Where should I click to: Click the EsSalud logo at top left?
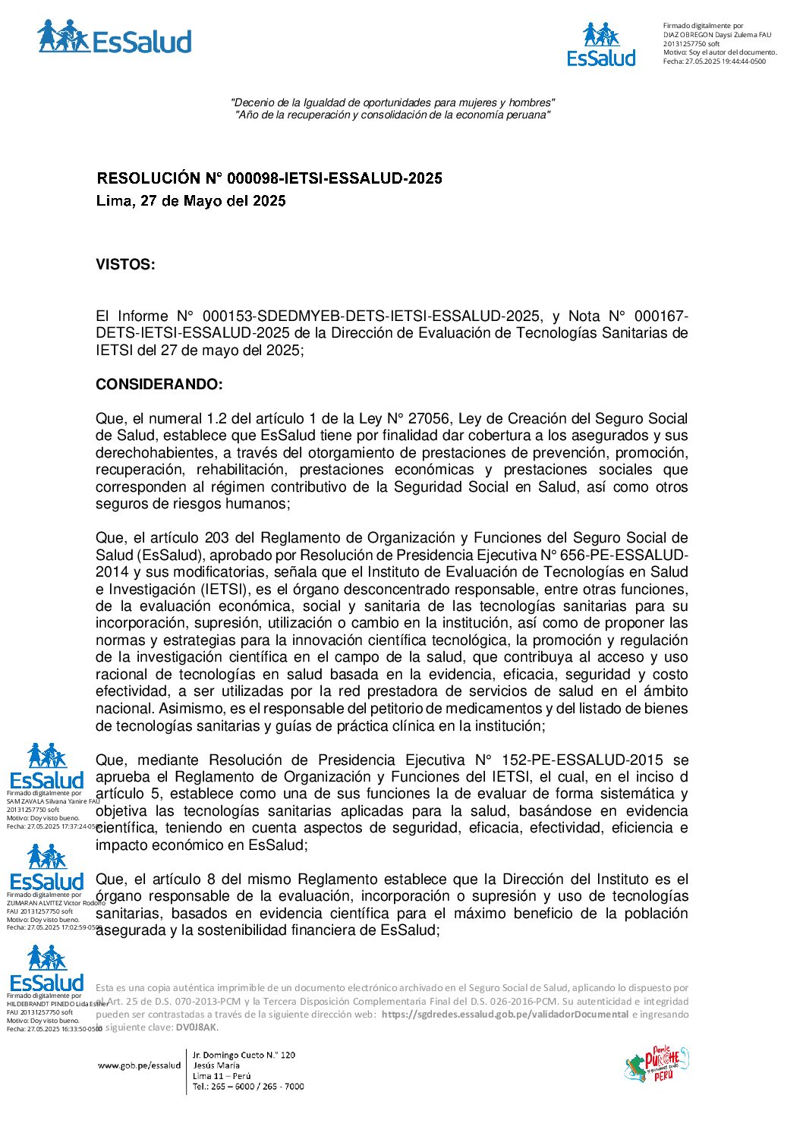(114, 37)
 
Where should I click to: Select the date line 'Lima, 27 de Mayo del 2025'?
(191, 201)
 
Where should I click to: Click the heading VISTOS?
(125, 265)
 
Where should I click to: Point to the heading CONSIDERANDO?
(159, 385)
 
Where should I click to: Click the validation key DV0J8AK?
(196, 1027)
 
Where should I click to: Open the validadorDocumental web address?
(505, 1015)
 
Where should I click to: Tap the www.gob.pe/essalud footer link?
(140, 1065)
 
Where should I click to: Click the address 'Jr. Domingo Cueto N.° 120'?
(244, 1055)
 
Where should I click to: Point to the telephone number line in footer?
(248, 1087)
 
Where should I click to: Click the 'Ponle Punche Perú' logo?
(657, 1064)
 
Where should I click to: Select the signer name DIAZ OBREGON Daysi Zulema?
(716, 35)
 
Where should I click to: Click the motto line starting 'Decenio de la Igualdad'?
(392, 102)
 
